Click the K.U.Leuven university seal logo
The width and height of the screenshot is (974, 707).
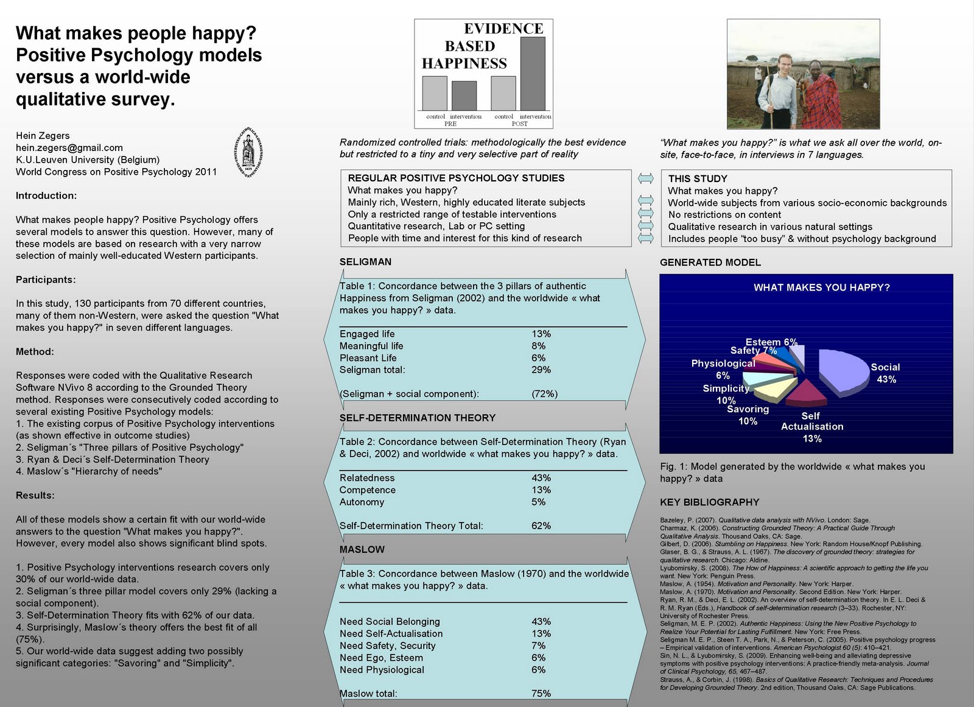[248, 153]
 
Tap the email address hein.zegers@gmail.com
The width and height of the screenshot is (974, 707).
[69, 147]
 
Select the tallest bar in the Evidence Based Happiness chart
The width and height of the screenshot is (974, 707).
[533, 74]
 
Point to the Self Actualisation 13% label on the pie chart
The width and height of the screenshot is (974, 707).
[812, 427]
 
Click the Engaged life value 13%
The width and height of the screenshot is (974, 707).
[541, 334]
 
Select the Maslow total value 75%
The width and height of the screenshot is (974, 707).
[541, 693]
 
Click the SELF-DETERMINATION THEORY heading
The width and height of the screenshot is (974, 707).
[418, 418]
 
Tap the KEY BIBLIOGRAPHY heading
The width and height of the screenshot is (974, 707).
[709, 502]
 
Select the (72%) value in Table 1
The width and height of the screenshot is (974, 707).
[544, 393]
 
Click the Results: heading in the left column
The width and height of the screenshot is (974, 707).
[35, 495]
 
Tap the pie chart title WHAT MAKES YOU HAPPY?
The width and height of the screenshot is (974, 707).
[821, 287]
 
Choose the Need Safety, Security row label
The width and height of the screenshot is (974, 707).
[387, 645]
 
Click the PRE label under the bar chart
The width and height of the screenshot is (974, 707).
[450, 124]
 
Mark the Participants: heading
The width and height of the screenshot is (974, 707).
[46, 280]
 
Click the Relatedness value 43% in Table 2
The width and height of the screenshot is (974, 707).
[541, 478]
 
